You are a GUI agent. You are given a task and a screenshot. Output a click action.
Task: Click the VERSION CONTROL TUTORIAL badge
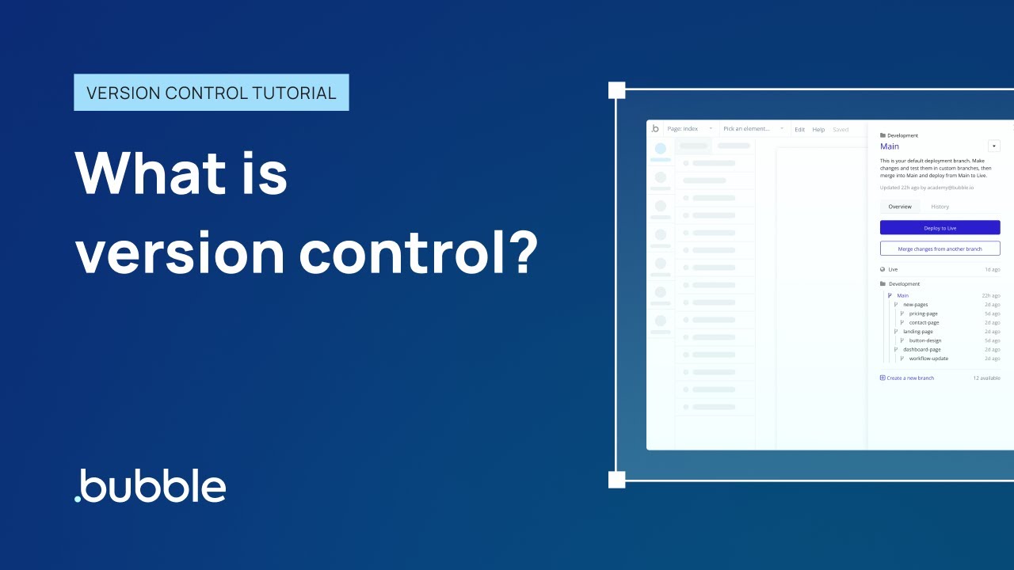[211, 93]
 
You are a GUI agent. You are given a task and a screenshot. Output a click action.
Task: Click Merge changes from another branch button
[940, 249]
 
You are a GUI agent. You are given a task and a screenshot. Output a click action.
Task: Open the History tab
[940, 207]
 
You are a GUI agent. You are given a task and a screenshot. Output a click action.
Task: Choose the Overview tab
[900, 207]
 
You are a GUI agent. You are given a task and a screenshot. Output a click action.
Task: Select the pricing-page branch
[923, 313]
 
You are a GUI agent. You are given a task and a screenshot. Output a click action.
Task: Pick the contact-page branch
[924, 322]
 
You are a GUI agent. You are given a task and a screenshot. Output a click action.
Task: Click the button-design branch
[925, 340]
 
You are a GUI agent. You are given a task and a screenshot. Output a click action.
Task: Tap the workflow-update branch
[928, 359]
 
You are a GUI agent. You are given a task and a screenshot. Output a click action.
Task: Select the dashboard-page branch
[921, 349]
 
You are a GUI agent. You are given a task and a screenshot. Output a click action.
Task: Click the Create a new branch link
[909, 378]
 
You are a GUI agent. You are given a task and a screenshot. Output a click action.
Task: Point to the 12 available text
[986, 378]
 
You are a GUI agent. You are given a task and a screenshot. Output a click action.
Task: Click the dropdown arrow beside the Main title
[994, 146]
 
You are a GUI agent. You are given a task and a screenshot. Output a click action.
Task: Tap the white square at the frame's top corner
[616, 89]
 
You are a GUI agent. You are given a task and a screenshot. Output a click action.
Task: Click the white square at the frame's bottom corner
[616, 479]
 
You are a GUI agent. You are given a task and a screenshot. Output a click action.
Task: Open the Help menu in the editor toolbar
[818, 129]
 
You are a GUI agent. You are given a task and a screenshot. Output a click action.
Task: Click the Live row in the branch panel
[893, 269]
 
